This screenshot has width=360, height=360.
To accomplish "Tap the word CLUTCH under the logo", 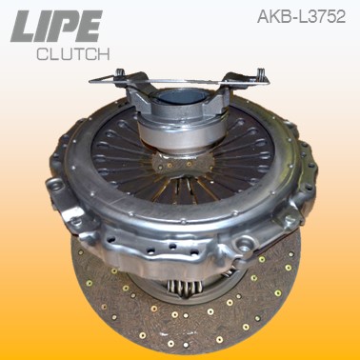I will (x=73, y=53).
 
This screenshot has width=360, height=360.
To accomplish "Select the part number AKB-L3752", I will (x=304, y=16).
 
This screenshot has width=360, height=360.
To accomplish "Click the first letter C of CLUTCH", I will (x=42, y=53).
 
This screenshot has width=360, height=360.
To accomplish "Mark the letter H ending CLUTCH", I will (x=105, y=53).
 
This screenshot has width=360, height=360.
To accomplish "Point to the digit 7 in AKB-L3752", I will (x=322, y=16).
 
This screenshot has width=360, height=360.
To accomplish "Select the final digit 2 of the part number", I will (x=346, y=16).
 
